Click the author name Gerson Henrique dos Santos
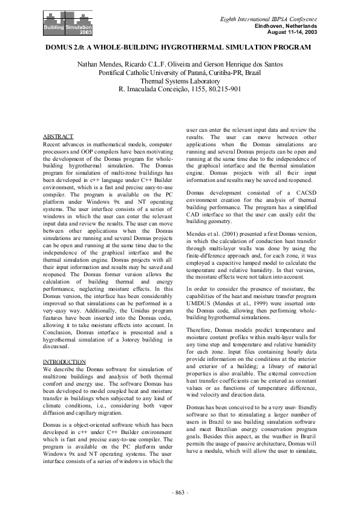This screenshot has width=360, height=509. (243, 63)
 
